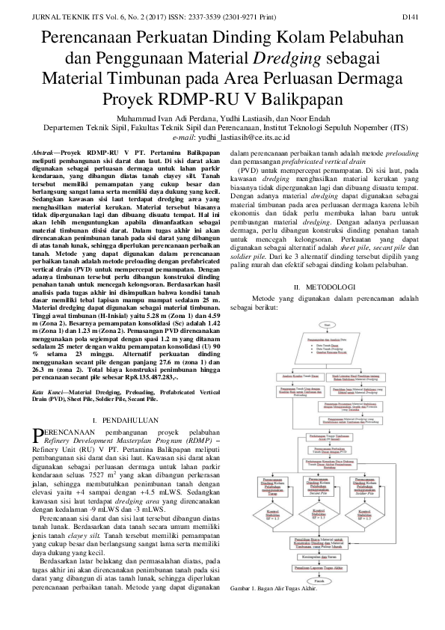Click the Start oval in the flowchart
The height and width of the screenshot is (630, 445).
tap(327, 304)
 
